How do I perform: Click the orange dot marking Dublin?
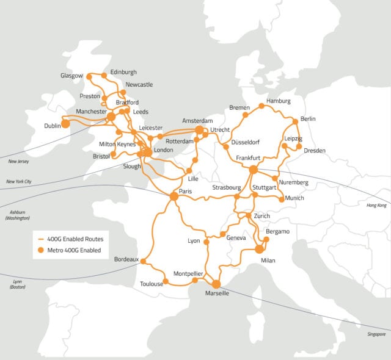[x=65, y=124]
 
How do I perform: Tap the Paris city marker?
[x=174, y=196]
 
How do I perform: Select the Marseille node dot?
[x=216, y=284]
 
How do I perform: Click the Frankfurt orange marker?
[x=254, y=170]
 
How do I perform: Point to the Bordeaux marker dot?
[x=143, y=261]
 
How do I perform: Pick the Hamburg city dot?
[x=261, y=106]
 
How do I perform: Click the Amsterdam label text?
[x=197, y=121]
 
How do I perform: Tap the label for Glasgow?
[x=71, y=76]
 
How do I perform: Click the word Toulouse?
[x=152, y=284]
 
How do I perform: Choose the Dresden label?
[x=314, y=150]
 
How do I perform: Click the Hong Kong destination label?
[x=376, y=205]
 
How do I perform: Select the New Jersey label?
[x=19, y=161]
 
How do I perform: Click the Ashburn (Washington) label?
[x=17, y=214]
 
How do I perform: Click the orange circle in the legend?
[x=41, y=250]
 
